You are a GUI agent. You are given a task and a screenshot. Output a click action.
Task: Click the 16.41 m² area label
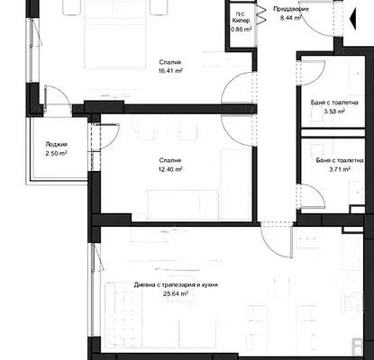[170, 71]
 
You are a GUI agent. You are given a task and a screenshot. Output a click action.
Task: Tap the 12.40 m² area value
[170, 169]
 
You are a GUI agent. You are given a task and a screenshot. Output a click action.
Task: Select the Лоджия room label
[56, 144]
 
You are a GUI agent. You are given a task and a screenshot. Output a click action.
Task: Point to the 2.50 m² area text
[56, 153]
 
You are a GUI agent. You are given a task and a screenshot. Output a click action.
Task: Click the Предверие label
[291, 9]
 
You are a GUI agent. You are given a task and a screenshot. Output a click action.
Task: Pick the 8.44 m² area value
[290, 18]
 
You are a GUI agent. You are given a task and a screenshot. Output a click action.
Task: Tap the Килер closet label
[241, 21]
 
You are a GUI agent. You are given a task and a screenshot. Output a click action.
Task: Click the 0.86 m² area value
[241, 30]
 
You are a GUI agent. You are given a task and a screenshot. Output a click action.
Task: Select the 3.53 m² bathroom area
[334, 112]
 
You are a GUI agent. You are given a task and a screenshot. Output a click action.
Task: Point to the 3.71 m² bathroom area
[340, 169]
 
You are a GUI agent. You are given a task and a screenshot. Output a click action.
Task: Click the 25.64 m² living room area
[176, 293]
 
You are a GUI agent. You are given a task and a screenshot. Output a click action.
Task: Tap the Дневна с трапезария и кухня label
[176, 284]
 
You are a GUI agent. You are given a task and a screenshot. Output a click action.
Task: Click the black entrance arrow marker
[353, 19]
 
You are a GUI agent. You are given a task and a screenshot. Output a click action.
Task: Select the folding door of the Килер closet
[260, 14]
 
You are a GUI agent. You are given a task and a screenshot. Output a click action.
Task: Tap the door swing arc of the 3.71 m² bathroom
[318, 192]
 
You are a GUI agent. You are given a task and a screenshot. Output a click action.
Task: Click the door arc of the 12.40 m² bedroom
[231, 137]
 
